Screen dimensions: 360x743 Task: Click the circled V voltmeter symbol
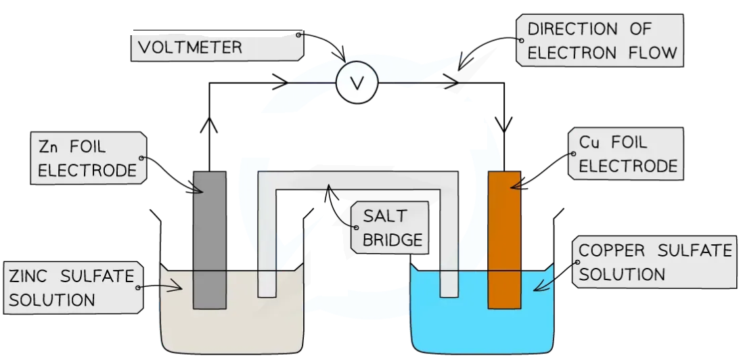(357, 83)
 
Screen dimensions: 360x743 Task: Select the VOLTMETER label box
(217, 47)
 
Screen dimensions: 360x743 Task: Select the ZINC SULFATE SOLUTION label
(71, 287)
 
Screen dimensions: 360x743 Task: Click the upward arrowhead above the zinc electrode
(209, 125)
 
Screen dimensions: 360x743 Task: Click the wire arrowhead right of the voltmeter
(449, 83)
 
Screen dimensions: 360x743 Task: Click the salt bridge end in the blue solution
(449, 284)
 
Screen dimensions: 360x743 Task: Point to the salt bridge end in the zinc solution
(267, 284)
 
